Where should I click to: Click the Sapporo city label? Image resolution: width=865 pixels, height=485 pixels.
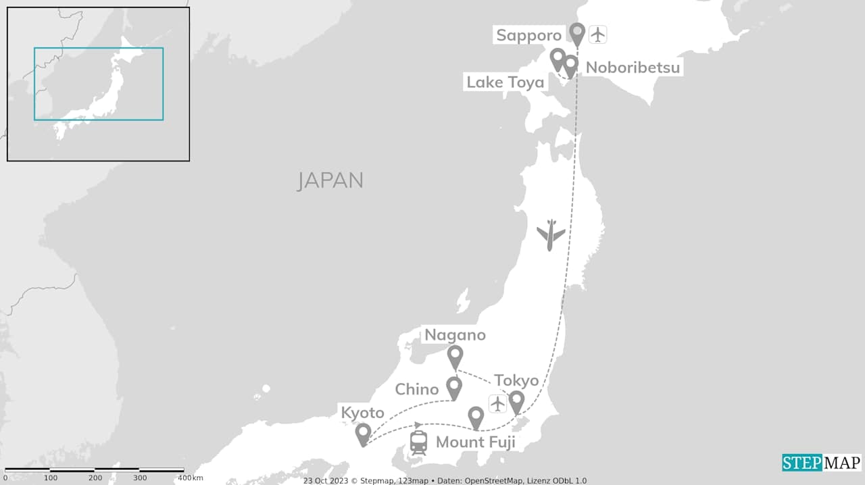[x=528, y=35]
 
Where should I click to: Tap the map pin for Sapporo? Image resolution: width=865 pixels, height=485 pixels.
[x=576, y=32]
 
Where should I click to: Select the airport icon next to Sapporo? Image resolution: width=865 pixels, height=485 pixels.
[x=598, y=34]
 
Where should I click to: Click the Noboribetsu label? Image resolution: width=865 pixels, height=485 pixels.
[x=633, y=68]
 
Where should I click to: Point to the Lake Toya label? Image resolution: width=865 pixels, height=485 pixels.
[x=505, y=82]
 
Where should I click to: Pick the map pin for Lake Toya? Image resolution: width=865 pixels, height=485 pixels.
[x=558, y=58]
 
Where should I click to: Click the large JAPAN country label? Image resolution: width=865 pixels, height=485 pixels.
[x=330, y=180]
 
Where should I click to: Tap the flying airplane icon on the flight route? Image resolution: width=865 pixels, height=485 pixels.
[x=551, y=234]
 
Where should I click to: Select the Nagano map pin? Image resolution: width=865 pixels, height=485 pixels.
[x=455, y=355]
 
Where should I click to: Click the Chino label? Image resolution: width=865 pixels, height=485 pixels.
[x=417, y=389]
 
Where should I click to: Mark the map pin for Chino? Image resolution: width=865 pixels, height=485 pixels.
[x=454, y=386]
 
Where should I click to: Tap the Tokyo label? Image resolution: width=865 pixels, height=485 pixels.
[x=516, y=380]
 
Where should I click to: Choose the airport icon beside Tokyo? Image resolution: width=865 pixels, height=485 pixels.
[x=497, y=404]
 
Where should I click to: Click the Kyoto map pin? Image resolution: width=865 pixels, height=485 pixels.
[x=363, y=434]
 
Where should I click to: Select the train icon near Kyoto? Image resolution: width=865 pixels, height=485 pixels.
[x=418, y=442]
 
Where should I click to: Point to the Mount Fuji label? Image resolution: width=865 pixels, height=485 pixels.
[x=475, y=442]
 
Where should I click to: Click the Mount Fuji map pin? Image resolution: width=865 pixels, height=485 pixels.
[x=476, y=417]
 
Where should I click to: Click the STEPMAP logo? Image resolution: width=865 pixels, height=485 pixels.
[x=822, y=463]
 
